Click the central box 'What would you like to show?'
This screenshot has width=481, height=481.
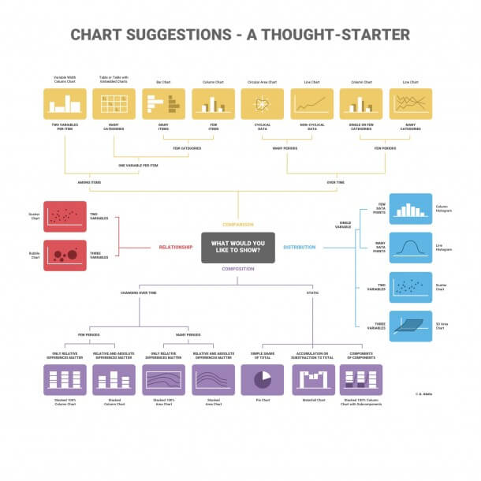click(x=237, y=247)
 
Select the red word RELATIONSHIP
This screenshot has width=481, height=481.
click(x=175, y=247)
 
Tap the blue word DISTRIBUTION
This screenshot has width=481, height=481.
click(x=299, y=247)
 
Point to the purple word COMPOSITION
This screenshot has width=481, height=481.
click(x=237, y=269)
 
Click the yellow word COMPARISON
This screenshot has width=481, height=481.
click(x=237, y=225)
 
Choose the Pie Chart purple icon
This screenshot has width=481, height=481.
click(x=262, y=379)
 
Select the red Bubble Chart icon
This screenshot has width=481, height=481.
click(x=65, y=255)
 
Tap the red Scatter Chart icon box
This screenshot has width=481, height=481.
click(x=65, y=214)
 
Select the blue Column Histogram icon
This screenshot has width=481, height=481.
click(x=410, y=209)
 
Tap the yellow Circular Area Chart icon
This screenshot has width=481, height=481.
click(x=262, y=103)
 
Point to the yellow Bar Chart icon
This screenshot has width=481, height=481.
click(x=163, y=103)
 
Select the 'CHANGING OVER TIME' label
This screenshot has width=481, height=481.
click(x=139, y=293)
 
